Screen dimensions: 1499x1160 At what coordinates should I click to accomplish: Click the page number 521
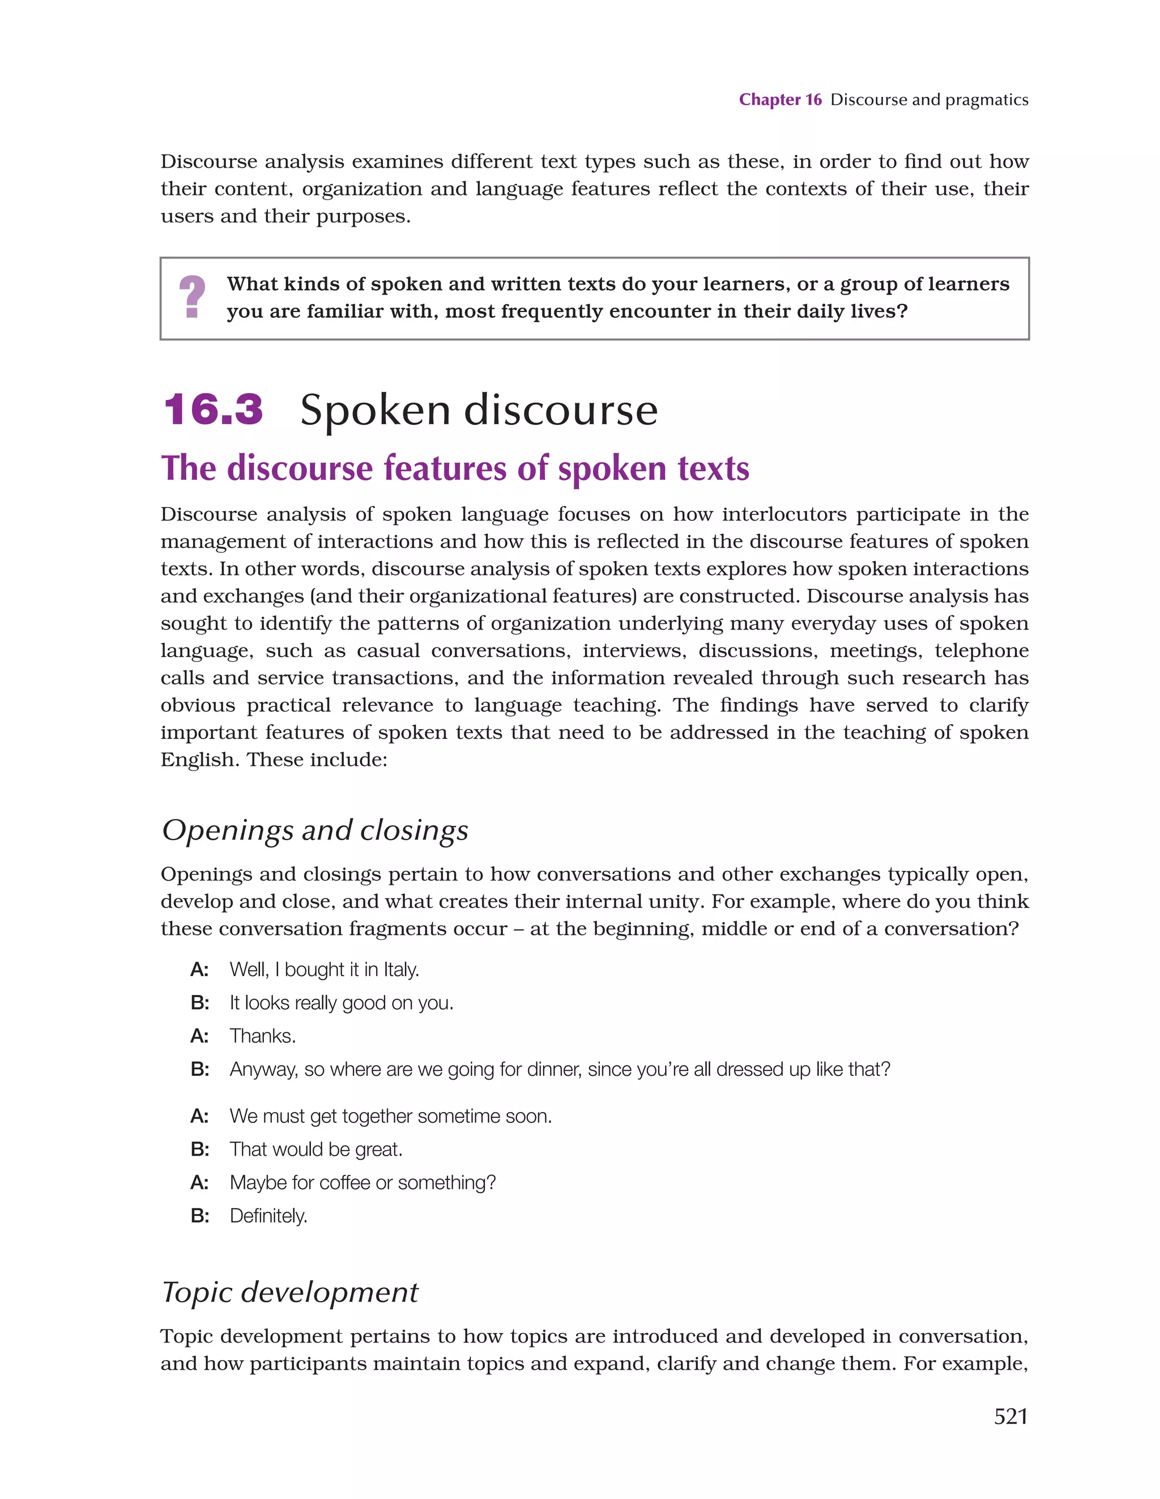coord(1010,1416)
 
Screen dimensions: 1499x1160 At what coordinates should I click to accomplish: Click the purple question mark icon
coord(191,297)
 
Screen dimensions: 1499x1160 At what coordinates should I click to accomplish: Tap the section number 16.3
coord(214,410)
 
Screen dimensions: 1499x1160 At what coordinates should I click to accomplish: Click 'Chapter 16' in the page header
coord(780,100)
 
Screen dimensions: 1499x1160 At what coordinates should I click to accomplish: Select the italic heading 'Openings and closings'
coord(315,830)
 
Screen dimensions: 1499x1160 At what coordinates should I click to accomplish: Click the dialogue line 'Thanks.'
coord(263,1036)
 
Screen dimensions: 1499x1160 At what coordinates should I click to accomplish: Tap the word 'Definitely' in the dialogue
coord(268,1216)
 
